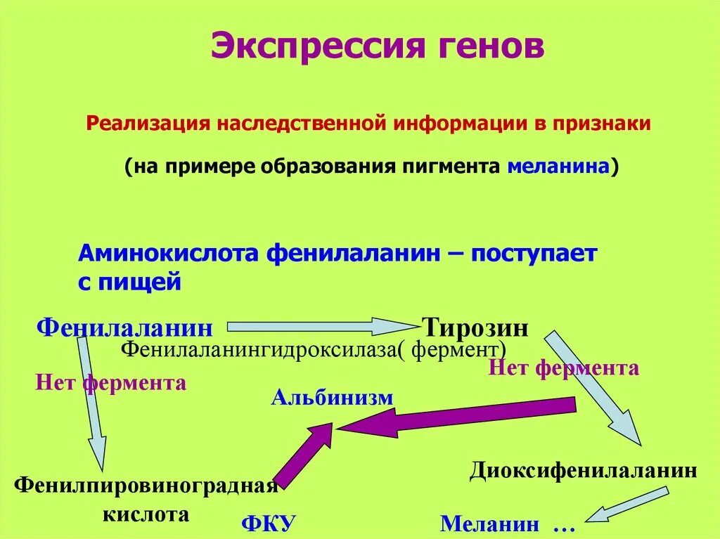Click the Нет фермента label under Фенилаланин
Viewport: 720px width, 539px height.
pyautogui.click(x=110, y=383)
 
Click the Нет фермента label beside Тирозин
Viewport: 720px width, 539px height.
pyautogui.click(x=563, y=368)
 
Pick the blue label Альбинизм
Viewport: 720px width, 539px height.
pyautogui.click(x=332, y=398)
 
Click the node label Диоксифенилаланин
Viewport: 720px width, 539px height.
pyautogui.click(x=583, y=470)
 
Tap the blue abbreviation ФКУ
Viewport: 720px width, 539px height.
pyautogui.click(x=269, y=524)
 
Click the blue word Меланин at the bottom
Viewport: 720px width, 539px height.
pyautogui.click(x=490, y=524)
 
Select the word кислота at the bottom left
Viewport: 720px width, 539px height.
pyautogui.click(x=147, y=514)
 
